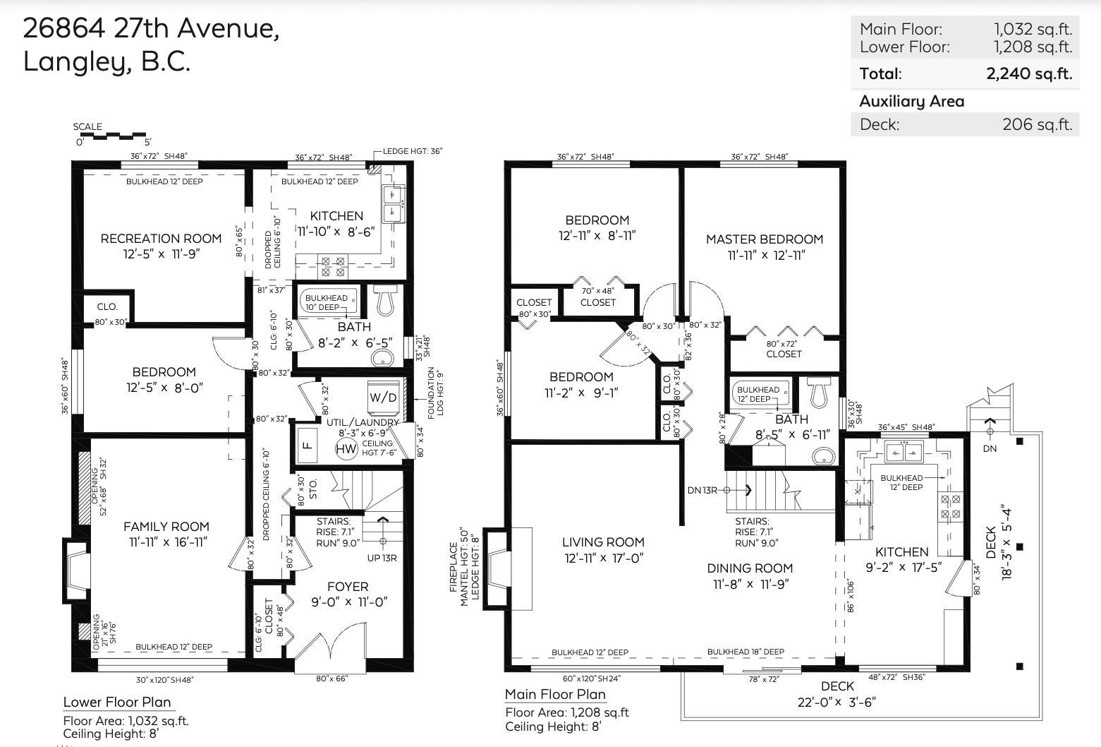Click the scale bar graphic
111,136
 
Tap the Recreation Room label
161,239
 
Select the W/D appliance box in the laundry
383,397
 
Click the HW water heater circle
346,449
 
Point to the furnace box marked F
307,446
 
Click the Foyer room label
348,587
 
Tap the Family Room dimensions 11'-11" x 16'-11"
166,542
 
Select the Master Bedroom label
765,239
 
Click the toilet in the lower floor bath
384,301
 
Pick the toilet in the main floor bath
818,393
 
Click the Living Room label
603,542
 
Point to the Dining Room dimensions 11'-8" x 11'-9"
750,584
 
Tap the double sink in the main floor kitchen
904,451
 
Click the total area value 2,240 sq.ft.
1029,73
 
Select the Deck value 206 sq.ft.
1037,125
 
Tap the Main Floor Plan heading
555,694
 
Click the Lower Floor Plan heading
117,702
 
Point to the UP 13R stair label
382,558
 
